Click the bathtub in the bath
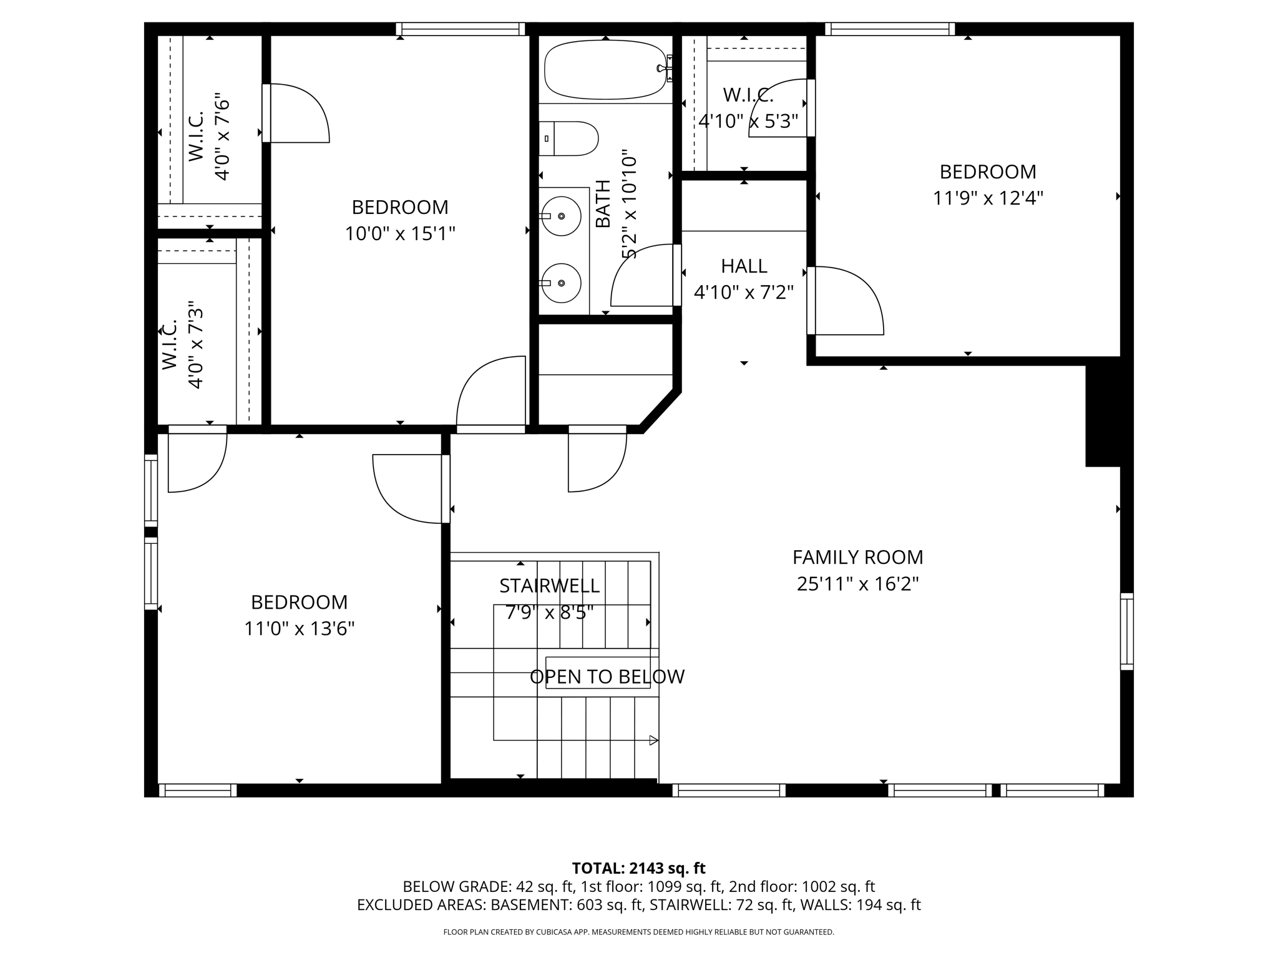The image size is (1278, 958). coord(605,69)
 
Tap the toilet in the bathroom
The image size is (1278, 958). coord(568,138)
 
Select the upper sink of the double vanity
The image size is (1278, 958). coord(561,216)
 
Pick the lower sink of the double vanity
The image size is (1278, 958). coord(561,283)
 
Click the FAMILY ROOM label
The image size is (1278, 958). coord(857,557)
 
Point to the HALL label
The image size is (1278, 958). coord(744,266)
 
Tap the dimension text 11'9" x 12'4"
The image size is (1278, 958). coord(988,198)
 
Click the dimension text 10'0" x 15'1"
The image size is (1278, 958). coord(400,234)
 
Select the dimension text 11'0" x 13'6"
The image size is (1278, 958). coord(299,629)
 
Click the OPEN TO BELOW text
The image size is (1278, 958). coord(607,677)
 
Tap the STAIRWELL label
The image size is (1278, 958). coord(549,586)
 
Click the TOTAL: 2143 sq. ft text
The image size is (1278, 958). coord(638,868)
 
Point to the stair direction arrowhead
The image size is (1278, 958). coord(653,740)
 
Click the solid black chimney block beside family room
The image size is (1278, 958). coord(1109,415)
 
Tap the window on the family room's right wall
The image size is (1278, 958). coord(1127,631)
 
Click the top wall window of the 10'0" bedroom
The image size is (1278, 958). coord(461,29)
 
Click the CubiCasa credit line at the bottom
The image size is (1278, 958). coord(638,932)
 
